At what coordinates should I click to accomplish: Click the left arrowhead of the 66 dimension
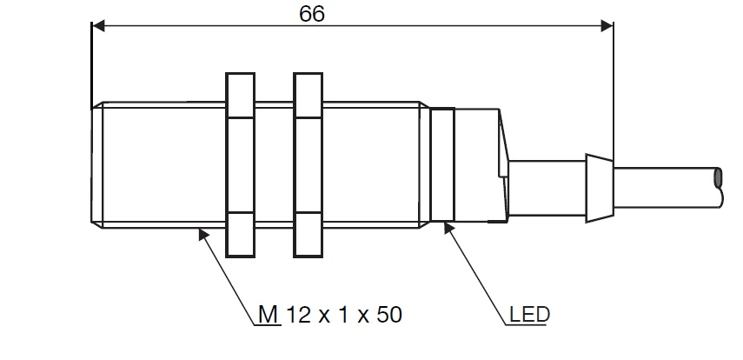[96, 27]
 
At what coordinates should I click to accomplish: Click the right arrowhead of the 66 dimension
[607, 27]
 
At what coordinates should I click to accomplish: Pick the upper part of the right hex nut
[308, 97]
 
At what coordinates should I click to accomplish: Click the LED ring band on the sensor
[442, 164]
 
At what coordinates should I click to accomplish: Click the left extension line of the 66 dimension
[90, 65]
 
